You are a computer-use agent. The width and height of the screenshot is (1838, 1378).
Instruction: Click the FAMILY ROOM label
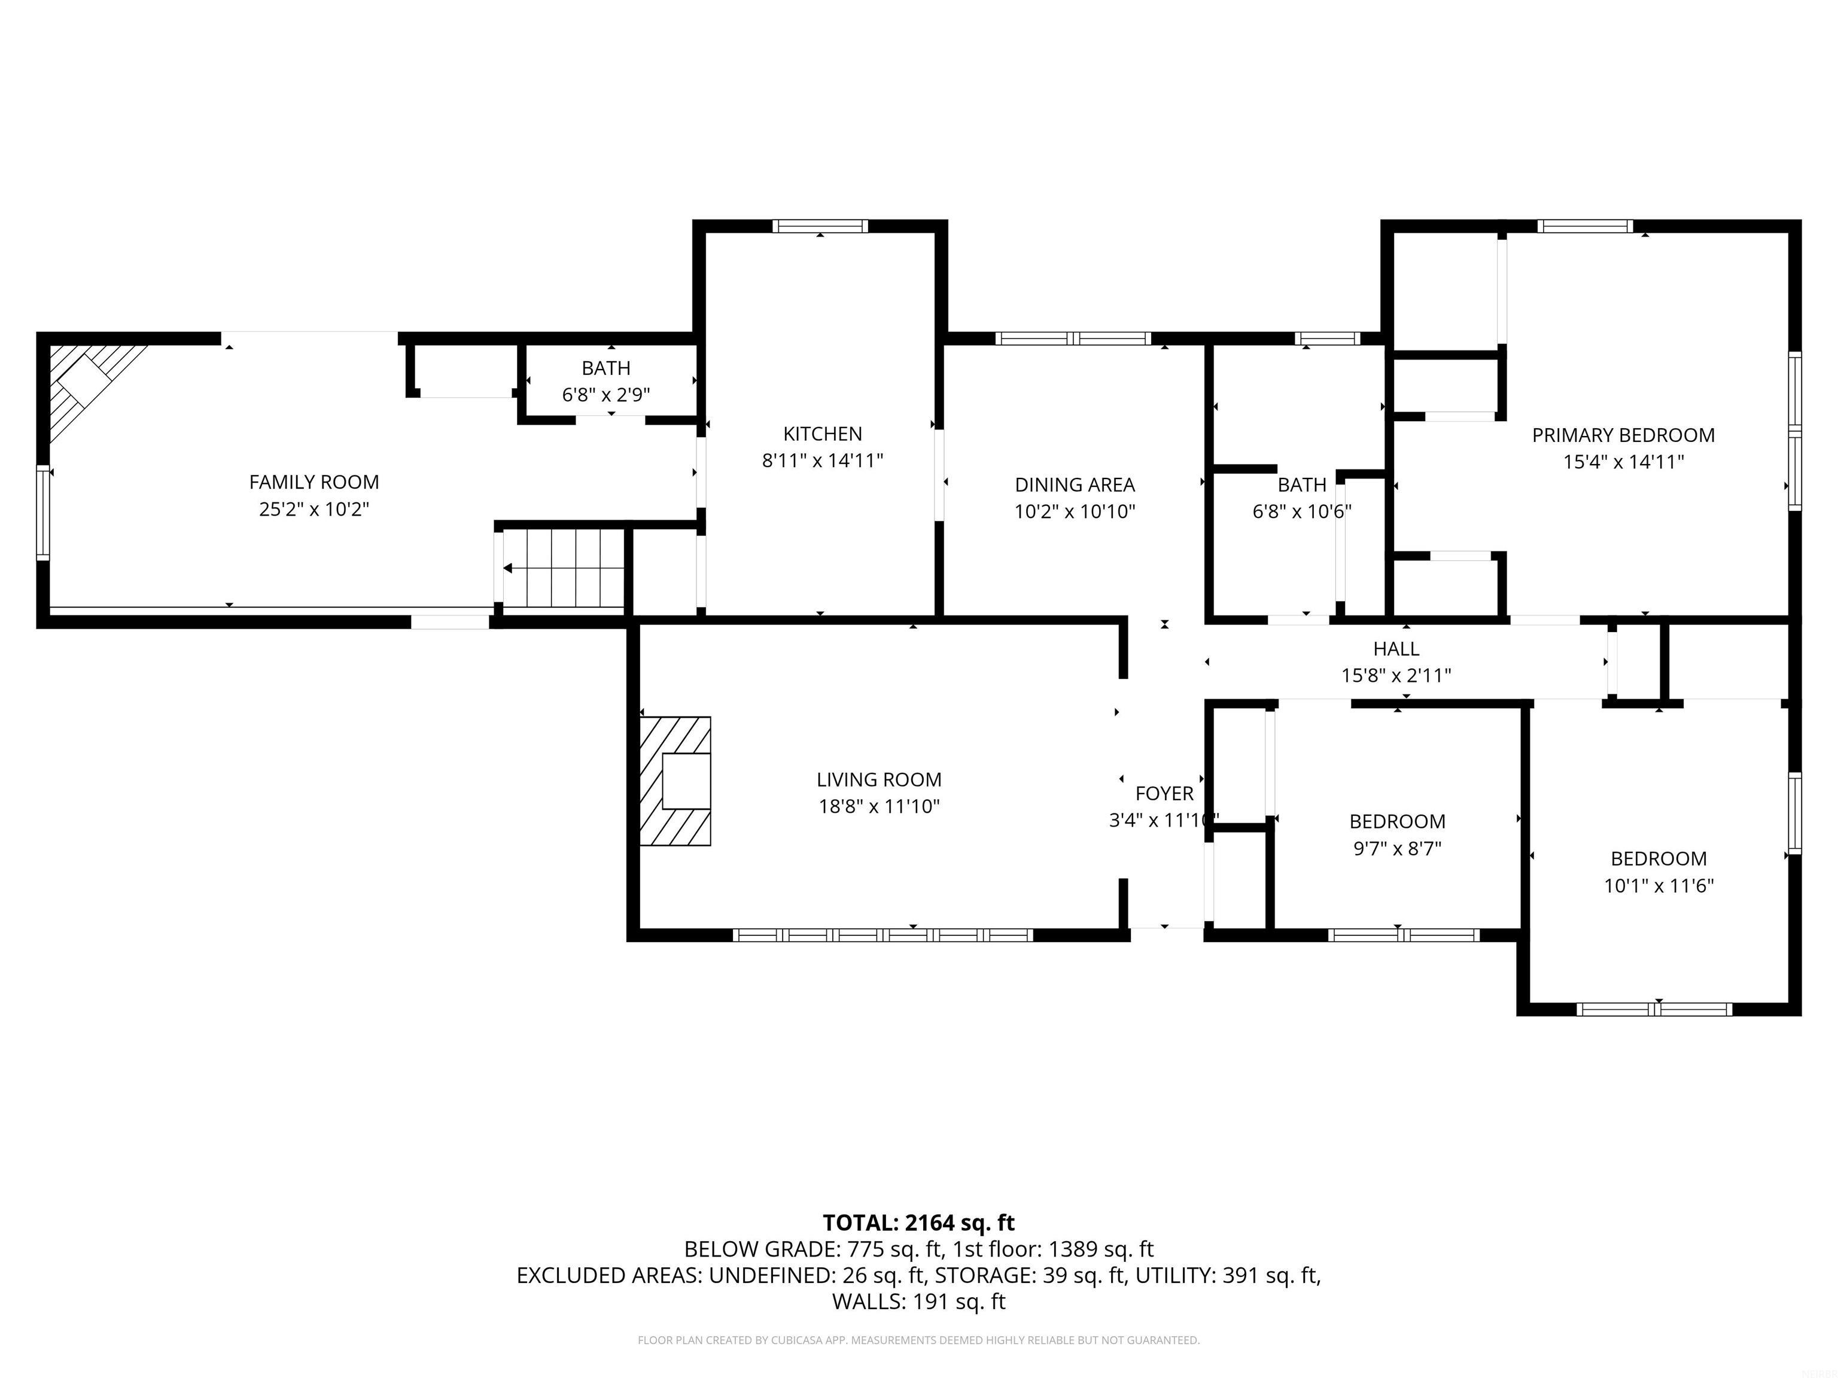pyautogui.click(x=314, y=481)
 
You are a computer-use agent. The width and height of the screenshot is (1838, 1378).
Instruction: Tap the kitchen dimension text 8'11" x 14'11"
pyautogui.click(x=822, y=460)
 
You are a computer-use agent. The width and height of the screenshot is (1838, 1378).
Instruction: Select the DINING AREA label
pyautogui.click(x=1075, y=484)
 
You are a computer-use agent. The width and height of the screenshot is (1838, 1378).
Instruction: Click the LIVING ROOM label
pyautogui.click(x=878, y=779)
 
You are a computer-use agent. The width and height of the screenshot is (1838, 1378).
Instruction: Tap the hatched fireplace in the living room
pyautogui.click(x=675, y=781)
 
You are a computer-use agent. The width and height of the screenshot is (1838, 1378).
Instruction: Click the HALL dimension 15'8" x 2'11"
pyautogui.click(x=1396, y=675)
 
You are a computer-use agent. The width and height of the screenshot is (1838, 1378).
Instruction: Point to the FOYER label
pyautogui.click(x=1164, y=793)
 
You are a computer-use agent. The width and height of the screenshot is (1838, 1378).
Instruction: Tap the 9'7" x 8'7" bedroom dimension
pyautogui.click(x=1397, y=848)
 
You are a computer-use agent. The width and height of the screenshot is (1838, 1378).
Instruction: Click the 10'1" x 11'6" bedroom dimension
pyautogui.click(x=1659, y=885)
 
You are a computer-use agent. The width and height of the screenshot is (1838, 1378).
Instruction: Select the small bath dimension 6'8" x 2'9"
pyautogui.click(x=605, y=395)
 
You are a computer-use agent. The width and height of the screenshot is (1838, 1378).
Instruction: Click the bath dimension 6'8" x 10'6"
pyautogui.click(x=1301, y=511)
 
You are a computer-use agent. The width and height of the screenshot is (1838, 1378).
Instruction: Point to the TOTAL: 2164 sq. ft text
pyautogui.click(x=918, y=1222)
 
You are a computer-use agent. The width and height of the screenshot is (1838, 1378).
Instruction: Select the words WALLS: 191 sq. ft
pyautogui.click(x=918, y=1301)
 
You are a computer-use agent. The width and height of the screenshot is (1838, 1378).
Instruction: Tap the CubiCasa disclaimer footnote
pyautogui.click(x=918, y=1340)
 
